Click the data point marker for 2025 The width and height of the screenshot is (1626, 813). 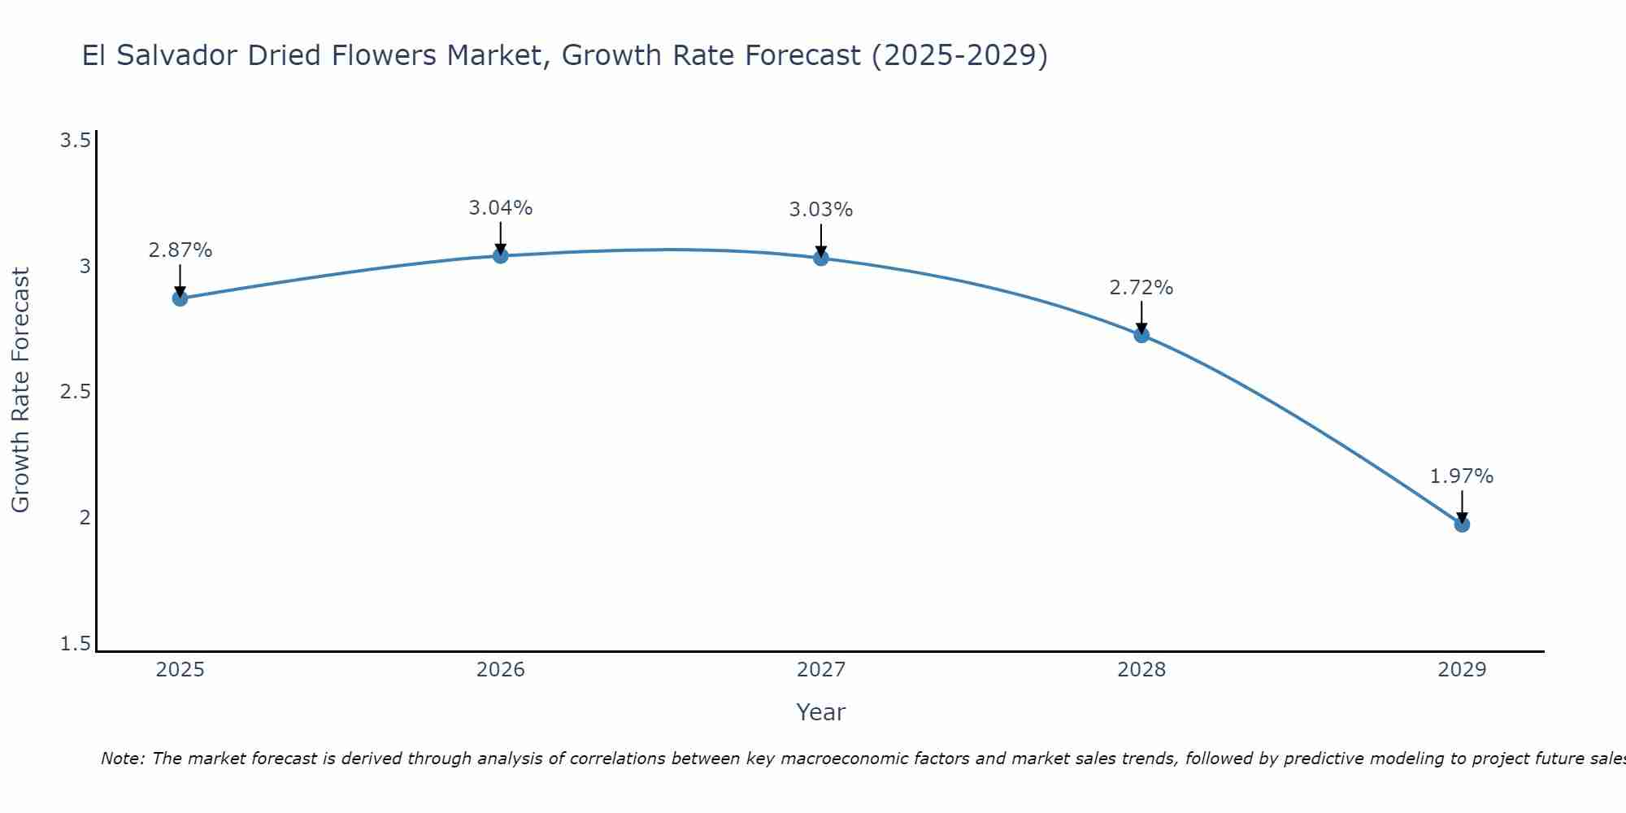[180, 298]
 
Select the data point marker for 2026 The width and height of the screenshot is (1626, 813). [501, 255]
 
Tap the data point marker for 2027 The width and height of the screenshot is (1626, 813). [821, 259]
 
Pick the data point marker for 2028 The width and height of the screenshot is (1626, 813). [1141, 335]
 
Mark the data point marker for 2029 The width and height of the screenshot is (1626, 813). [1462, 524]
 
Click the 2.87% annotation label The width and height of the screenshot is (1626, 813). [180, 250]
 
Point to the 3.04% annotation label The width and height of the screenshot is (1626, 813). [501, 208]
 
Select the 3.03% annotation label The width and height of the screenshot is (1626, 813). [821, 210]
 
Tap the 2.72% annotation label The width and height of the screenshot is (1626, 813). [1141, 288]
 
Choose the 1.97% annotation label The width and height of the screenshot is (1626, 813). [1462, 476]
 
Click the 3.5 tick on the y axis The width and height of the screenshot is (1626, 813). [75, 141]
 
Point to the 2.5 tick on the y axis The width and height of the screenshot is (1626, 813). [75, 392]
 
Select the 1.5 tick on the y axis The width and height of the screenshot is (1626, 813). [75, 644]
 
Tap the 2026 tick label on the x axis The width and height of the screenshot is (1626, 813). [501, 670]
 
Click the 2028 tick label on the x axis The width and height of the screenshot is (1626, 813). [1141, 670]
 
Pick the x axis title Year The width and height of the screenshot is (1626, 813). [821, 712]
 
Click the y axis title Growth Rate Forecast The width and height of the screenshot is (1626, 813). [20, 390]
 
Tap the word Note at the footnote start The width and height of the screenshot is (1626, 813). [120, 759]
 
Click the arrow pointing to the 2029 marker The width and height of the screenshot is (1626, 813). [1462, 506]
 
